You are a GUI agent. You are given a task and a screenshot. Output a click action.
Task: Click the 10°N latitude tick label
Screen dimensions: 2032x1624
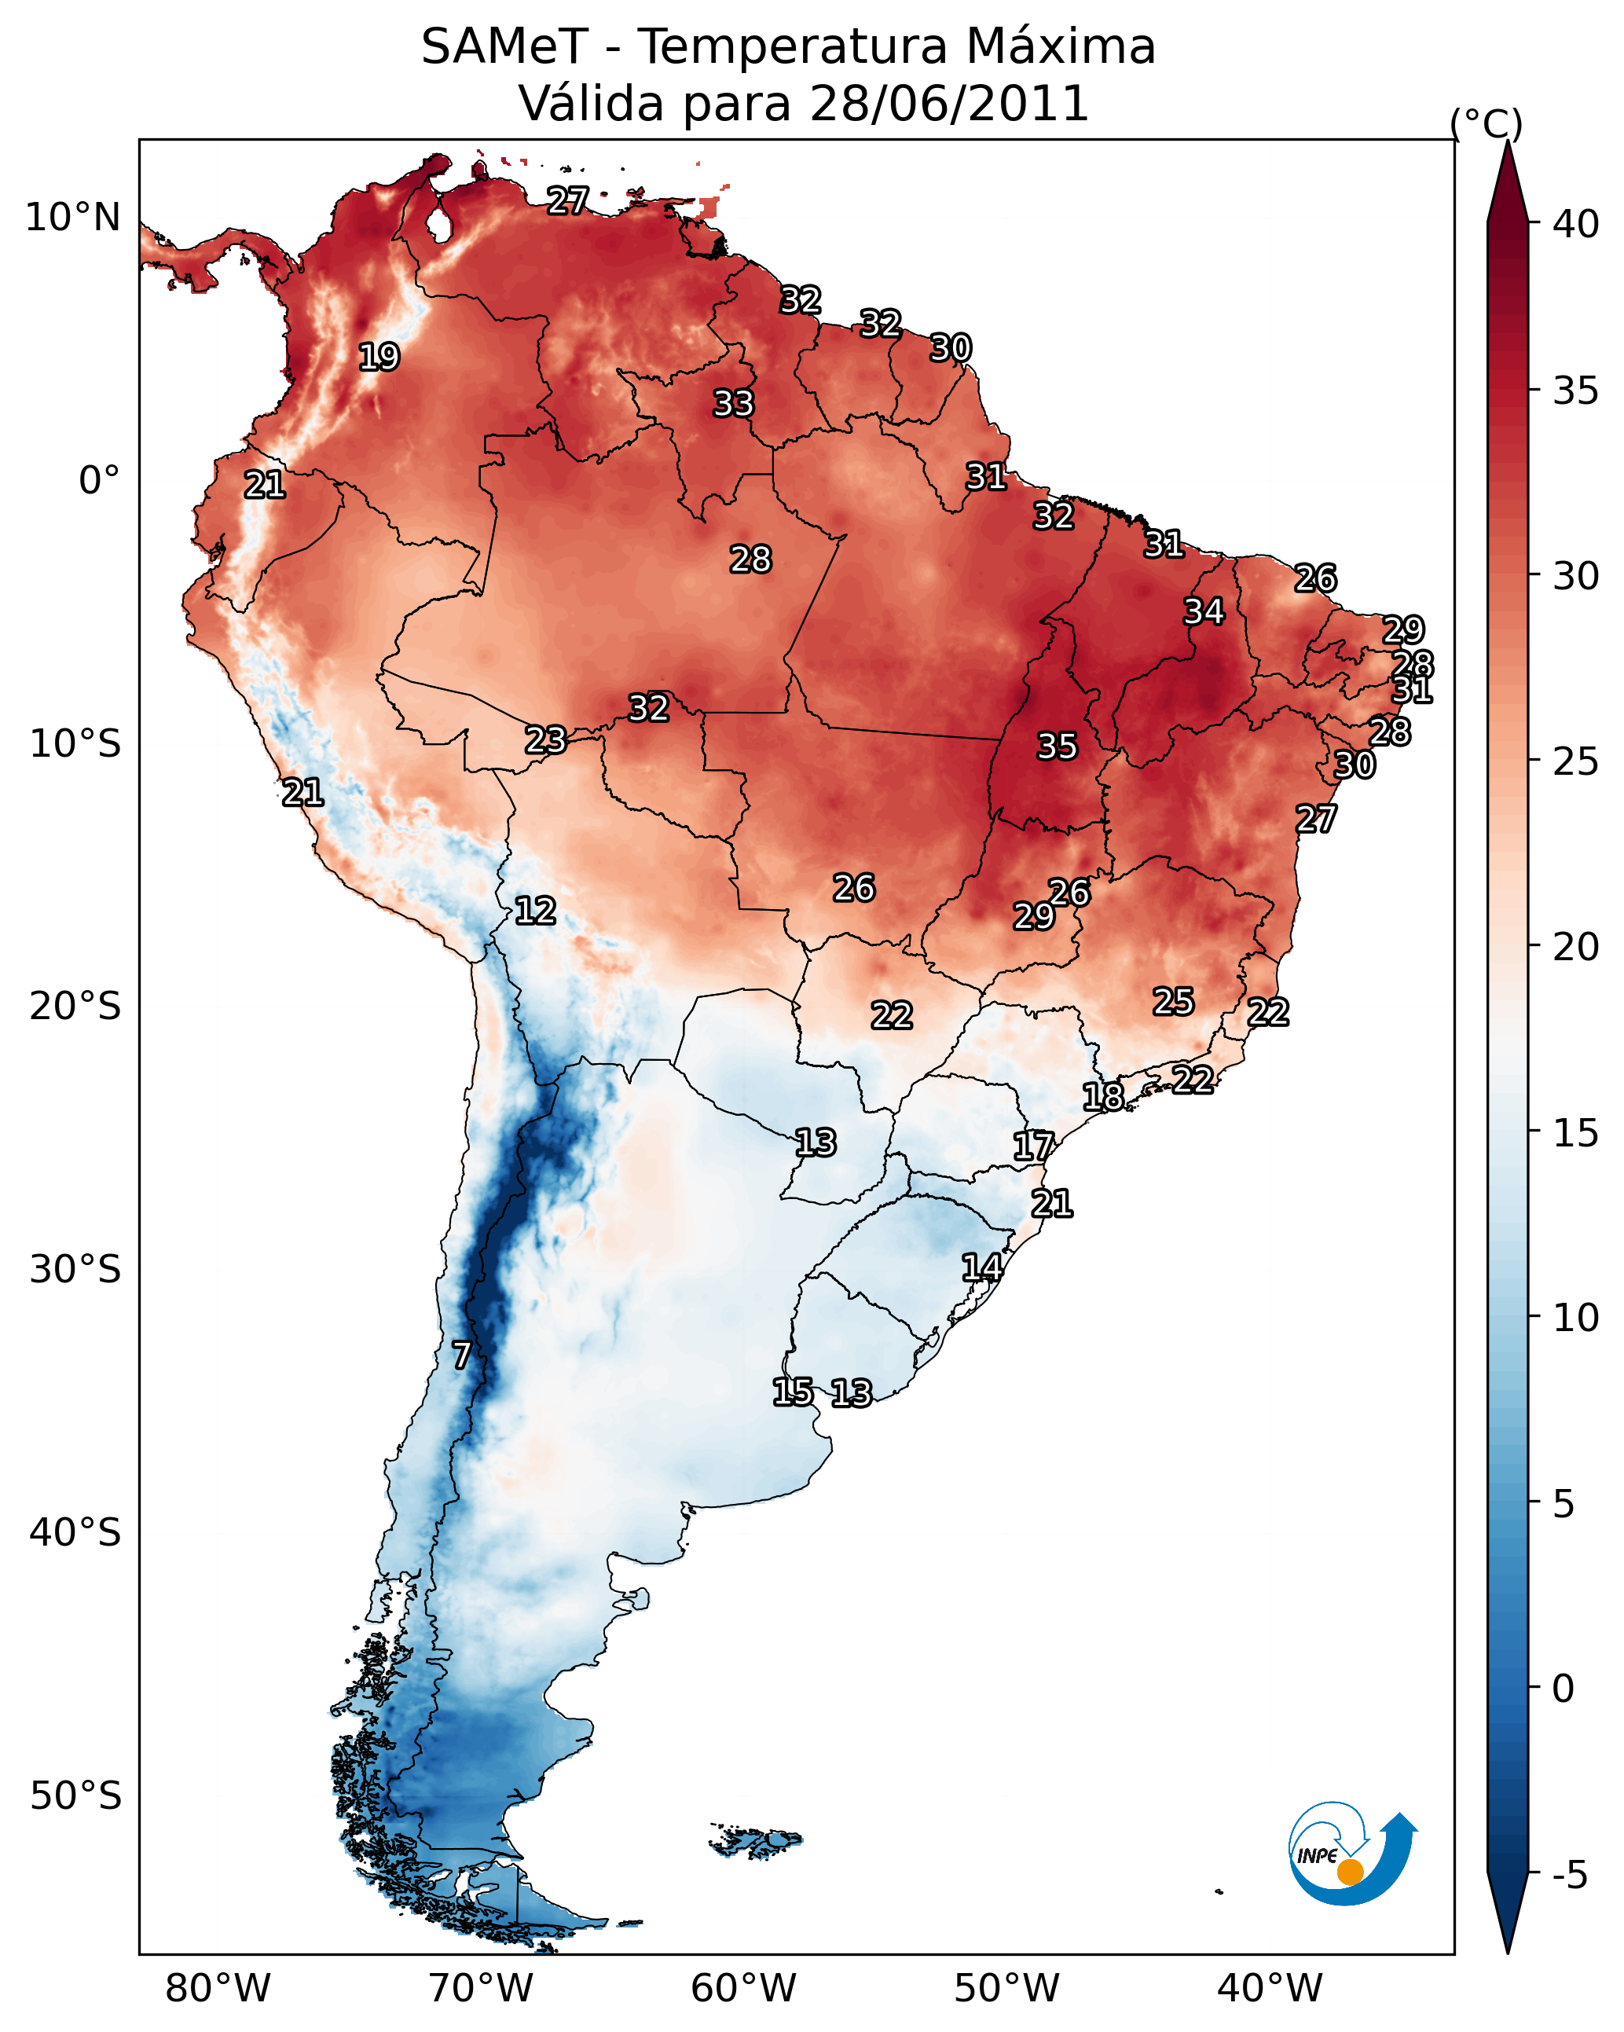(x=72, y=218)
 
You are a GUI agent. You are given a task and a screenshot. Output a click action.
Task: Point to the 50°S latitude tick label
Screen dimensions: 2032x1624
(x=75, y=1796)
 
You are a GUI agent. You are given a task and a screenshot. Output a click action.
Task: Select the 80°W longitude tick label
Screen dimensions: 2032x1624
(x=218, y=1988)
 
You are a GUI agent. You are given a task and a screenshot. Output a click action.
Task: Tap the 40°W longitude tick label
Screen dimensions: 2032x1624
(x=1270, y=1988)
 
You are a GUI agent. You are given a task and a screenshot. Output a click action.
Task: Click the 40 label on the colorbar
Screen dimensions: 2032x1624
(x=1575, y=224)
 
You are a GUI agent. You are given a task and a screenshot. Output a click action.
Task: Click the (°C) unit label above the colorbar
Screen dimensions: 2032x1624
(x=1486, y=123)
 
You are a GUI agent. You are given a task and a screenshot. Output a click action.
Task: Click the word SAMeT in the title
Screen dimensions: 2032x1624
(x=504, y=47)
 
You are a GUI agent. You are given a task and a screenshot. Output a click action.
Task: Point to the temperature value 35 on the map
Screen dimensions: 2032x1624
(x=1057, y=746)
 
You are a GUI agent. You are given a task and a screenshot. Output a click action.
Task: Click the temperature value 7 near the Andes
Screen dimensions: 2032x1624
(x=461, y=1355)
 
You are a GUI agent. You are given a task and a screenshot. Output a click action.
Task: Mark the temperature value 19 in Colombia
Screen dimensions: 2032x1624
(x=379, y=358)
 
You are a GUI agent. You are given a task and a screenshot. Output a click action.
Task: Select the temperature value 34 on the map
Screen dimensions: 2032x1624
(x=1204, y=611)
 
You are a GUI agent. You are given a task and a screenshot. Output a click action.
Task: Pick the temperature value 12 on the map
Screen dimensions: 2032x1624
(x=534, y=911)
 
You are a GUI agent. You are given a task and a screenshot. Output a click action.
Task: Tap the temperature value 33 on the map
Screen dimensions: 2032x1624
(x=733, y=403)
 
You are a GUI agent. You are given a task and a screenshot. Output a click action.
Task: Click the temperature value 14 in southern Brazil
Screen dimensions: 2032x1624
(x=981, y=1267)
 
